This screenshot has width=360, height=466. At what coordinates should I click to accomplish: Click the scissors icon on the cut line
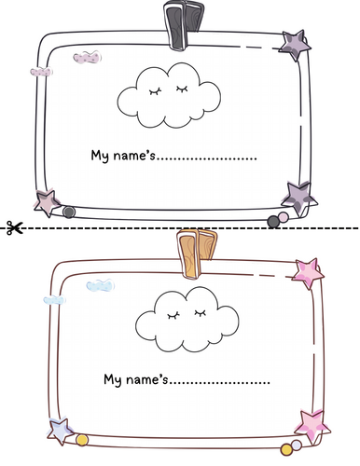pos(15,227)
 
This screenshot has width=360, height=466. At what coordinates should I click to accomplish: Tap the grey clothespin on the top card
pos(183,24)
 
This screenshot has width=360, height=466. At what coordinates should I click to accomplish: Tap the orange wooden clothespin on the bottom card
pos(196,254)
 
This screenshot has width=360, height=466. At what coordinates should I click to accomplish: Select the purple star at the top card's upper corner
pos(295,45)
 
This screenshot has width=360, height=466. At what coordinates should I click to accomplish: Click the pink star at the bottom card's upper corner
pos(308,273)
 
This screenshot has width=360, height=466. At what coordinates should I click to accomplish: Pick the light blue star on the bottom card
pos(61,431)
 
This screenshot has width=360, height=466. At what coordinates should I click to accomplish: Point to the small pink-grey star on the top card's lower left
pos(48,202)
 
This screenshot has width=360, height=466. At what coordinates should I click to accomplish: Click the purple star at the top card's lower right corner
pos(299,199)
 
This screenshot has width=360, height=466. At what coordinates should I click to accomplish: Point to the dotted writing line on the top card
pos(207,158)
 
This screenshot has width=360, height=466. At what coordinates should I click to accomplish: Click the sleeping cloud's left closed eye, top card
pos(156,91)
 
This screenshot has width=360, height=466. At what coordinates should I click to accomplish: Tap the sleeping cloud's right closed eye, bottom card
pos(201,313)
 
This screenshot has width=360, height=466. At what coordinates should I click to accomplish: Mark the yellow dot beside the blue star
pos(82,440)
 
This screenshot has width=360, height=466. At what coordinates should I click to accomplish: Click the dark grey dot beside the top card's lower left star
pos(69,212)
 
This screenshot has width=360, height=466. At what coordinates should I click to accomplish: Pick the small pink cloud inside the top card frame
pos(88,58)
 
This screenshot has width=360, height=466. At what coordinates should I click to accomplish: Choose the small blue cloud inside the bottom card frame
pos(100,285)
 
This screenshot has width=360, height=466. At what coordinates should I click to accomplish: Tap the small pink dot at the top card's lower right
pos(284,217)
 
